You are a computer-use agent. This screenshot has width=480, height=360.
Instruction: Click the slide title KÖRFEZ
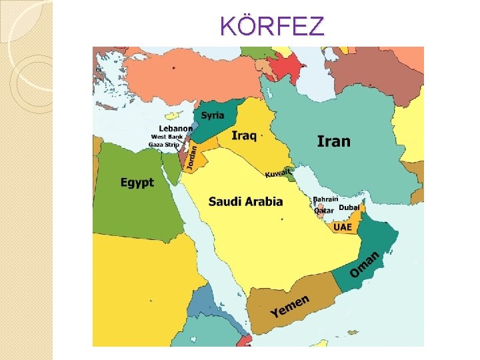pos(272,26)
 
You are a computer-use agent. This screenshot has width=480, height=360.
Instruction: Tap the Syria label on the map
pos(213,115)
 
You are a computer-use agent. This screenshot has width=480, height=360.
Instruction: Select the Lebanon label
pos(175,129)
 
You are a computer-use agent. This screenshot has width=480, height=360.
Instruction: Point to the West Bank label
pos(167,137)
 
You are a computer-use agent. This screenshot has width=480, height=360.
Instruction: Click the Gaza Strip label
pos(164,145)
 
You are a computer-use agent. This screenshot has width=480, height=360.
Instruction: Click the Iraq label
pos(244,135)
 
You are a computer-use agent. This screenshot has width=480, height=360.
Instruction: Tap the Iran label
pos(333,141)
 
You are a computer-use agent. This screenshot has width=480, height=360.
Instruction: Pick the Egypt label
pos(137,182)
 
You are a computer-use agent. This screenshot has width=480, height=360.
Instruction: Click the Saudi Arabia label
pos(245,201)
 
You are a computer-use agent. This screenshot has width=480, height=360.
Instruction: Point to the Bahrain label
pos(325,199)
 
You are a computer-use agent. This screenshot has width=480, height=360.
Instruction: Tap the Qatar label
pos(324,211)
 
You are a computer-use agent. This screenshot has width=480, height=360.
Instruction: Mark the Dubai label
pos(349,208)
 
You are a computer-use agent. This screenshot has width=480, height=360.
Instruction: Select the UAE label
pos(342,227)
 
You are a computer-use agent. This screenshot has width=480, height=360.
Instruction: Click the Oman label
pos(365,265)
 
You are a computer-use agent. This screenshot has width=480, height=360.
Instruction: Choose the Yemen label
pos(290,306)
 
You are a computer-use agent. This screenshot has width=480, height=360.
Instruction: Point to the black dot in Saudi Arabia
pos(282,219)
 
